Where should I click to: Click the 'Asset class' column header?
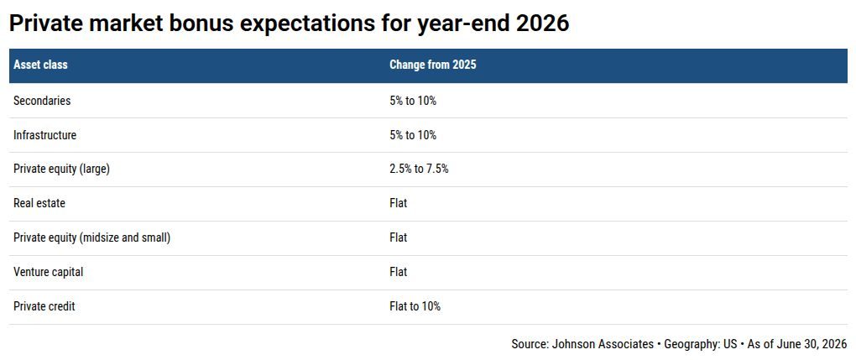[40, 65]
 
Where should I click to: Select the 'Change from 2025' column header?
[432, 65]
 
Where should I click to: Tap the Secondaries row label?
[42, 101]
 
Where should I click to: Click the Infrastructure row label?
[44, 135]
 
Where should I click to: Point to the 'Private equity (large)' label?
[62, 170]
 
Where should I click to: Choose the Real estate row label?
[39, 203]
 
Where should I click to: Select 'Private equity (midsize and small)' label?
[91, 237]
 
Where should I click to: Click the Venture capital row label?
[49, 272]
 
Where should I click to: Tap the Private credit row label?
[44, 306]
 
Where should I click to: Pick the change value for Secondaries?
[413, 101]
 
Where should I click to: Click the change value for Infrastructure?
[413, 135]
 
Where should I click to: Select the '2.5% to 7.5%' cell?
[419, 170]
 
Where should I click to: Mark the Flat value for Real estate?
[398, 203]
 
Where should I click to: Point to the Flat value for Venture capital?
[398, 272]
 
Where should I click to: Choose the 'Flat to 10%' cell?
[415, 306]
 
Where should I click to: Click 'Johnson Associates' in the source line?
[603, 344]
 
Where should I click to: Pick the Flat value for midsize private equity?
[398, 237]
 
